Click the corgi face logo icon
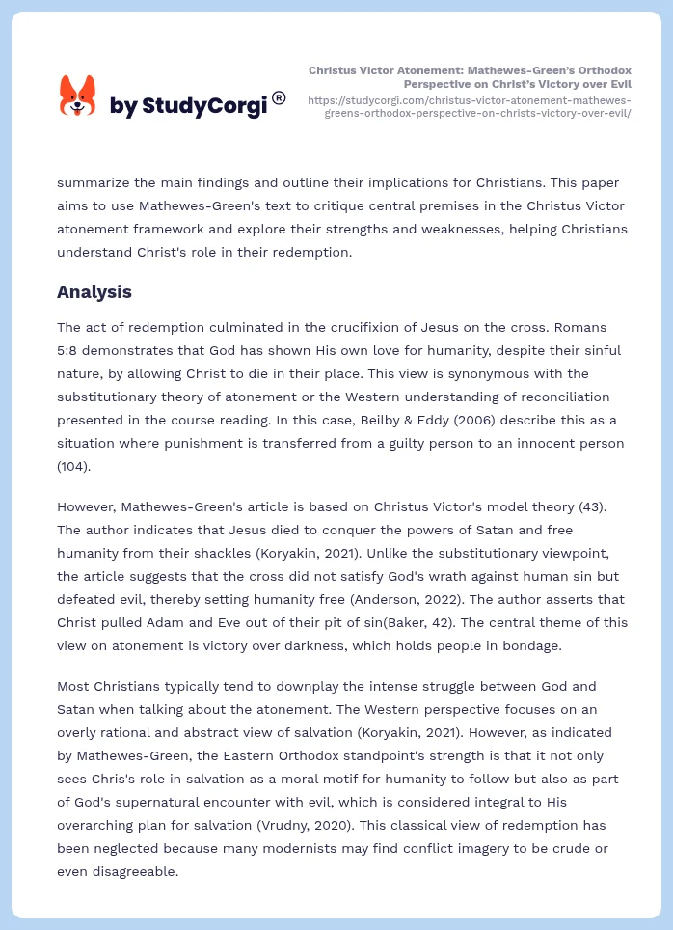point(78,96)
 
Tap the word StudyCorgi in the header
point(204,106)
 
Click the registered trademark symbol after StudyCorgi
point(279,97)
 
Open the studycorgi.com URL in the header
point(470,106)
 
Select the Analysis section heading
point(94,291)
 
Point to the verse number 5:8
point(70,350)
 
